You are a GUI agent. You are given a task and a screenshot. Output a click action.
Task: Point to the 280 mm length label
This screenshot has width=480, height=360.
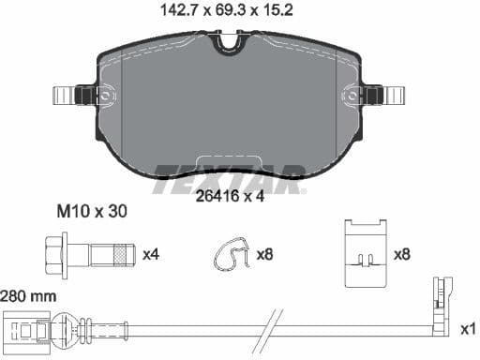[28, 294]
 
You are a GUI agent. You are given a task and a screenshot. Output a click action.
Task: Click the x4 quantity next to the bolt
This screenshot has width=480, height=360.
[151, 254]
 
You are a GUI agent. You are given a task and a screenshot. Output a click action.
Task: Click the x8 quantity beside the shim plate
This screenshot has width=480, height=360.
[402, 254]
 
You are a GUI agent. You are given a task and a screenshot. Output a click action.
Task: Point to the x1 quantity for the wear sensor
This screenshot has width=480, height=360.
[468, 329]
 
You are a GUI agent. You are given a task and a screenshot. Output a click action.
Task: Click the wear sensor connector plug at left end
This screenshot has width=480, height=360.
[28, 330]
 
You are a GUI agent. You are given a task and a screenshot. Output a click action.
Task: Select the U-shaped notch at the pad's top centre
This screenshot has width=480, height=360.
[228, 43]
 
